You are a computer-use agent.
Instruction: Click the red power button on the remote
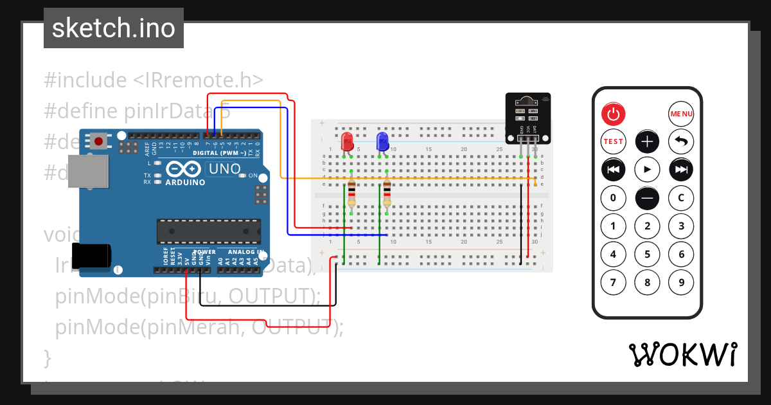[613, 114]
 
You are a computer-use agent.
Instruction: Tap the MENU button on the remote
[681, 114]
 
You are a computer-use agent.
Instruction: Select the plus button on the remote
[647, 141]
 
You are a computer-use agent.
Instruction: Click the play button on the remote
[647, 169]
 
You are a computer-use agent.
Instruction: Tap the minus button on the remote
[647, 198]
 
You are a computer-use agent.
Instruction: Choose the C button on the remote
[681, 198]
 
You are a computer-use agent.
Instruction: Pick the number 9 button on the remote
[681, 282]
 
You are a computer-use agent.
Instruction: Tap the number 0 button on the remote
[613, 198]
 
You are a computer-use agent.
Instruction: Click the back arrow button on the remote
[681, 141]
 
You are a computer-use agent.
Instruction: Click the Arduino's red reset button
[98, 141]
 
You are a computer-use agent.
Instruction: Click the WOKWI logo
[682, 354]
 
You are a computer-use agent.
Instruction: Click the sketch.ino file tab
[114, 28]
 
